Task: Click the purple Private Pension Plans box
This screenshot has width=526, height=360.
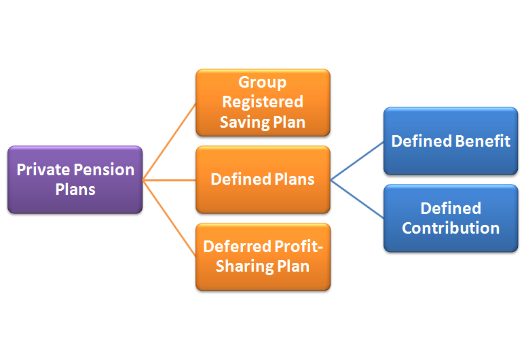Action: coord(75,179)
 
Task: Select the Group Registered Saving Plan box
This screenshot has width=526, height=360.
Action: coord(263,103)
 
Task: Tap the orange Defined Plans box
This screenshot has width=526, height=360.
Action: coord(263,179)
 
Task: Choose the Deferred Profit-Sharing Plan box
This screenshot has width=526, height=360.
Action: coord(263,256)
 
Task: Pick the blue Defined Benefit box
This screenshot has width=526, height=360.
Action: coord(451,141)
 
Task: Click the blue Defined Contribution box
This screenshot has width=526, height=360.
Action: coord(451,218)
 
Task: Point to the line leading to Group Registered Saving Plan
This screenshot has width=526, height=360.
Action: coord(170,141)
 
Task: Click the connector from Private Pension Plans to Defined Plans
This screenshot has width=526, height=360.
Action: coord(170,180)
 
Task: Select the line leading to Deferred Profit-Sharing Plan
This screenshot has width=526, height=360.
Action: coord(170,218)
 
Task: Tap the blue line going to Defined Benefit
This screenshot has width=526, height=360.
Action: coord(357,160)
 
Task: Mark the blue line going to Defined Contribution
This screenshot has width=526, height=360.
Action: coord(357,199)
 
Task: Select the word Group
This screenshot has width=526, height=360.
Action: coord(263,83)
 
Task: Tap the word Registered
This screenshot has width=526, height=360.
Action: coord(263,103)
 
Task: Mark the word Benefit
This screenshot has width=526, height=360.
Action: coord(483,141)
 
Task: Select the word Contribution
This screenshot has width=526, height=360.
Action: coord(451,228)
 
